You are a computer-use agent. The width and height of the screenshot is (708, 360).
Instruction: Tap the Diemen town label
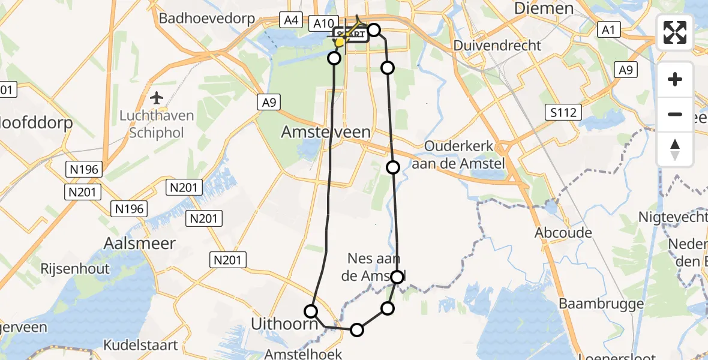click(x=544, y=8)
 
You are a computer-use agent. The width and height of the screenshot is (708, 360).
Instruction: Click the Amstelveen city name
click(x=326, y=132)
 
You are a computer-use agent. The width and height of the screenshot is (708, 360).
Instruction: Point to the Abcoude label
click(x=566, y=233)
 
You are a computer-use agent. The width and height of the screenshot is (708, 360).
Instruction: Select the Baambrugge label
click(x=601, y=304)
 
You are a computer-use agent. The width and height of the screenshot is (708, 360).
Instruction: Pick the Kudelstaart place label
click(x=140, y=345)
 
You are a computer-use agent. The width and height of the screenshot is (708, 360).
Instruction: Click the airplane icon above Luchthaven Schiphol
click(x=157, y=97)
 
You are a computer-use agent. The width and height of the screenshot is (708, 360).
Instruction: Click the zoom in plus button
click(x=675, y=79)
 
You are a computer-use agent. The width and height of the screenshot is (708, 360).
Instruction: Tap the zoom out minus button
click(x=675, y=114)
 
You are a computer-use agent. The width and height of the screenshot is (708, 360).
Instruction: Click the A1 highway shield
click(x=610, y=29)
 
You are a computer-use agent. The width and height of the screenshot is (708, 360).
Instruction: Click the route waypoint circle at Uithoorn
click(x=311, y=311)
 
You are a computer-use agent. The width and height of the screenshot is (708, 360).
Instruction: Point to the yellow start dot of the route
click(x=340, y=42)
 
